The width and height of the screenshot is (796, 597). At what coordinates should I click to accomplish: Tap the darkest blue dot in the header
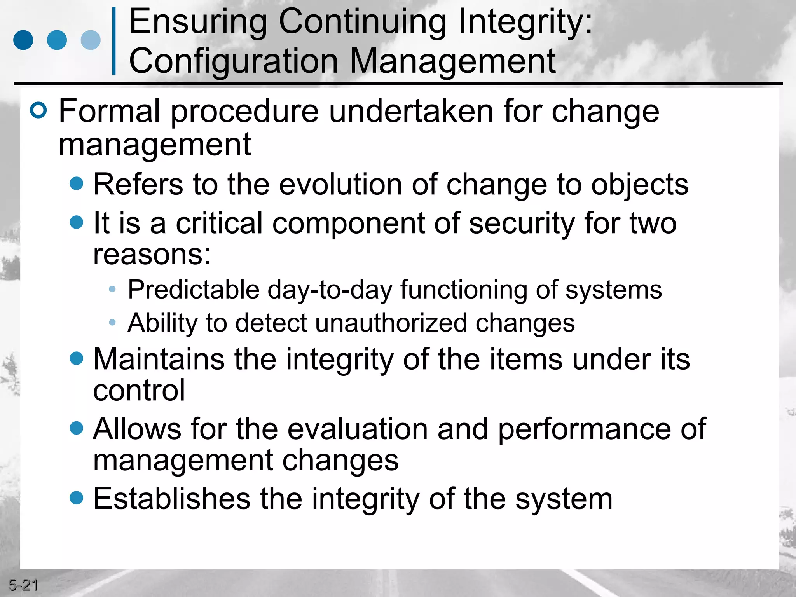tap(23, 40)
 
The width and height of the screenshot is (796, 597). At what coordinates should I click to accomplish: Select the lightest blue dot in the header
tap(91, 40)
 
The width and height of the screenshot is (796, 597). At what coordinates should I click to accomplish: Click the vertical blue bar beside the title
tap(114, 40)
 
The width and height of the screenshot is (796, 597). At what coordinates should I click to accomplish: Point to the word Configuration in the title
tap(234, 61)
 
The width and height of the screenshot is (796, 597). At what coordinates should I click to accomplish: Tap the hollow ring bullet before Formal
tap(38, 110)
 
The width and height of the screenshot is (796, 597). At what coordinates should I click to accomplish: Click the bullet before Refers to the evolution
tap(77, 183)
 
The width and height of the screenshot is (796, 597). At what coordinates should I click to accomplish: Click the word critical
tap(219, 223)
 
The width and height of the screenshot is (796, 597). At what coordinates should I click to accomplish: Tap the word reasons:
tap(152, 255)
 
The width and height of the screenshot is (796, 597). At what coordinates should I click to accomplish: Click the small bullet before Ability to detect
tap(112, 322)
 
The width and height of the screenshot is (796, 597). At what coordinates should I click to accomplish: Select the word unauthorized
tap(391, 323)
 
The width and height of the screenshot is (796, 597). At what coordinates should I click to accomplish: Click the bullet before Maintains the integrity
tap(77, 358)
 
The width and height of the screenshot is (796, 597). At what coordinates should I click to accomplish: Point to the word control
tap(139, 391)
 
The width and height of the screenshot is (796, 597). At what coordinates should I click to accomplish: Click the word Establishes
tap(172, 499)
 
